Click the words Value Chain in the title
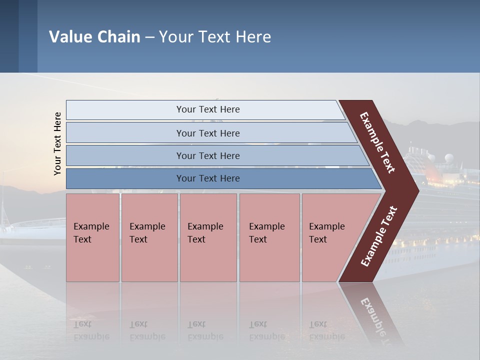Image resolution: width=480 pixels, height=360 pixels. point(94,37)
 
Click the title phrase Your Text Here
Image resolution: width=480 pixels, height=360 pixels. point(215,37)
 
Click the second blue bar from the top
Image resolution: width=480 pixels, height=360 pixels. point(207,133)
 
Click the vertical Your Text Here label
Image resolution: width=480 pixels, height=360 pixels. point(57,143)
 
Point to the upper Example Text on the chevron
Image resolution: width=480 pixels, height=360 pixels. point(377,142)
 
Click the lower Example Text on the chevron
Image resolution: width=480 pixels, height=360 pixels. point(379,236)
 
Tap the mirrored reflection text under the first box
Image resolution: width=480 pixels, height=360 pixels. point(91,330)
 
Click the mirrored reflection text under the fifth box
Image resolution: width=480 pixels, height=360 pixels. point(326,330)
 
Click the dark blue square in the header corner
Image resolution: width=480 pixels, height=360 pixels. point(9,36)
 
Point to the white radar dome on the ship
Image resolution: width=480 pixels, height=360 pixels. point(446,158)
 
